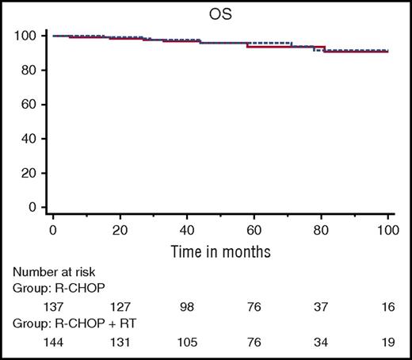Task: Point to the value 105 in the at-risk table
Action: click(186, 343)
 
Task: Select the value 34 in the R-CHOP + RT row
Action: click(321, 343)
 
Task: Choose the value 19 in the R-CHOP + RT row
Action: click(387, 343)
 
